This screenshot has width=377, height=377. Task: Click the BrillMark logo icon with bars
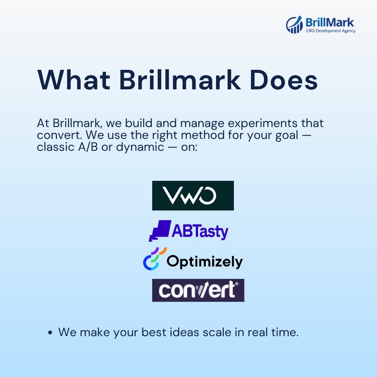(294, 24)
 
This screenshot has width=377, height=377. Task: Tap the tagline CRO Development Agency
(331, 31)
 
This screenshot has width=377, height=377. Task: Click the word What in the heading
(74, 80)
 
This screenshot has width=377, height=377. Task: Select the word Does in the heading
(284, 80)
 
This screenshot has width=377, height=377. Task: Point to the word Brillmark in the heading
(180, 80)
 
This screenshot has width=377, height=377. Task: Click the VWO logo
(193, 195)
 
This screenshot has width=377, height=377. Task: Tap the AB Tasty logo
(188, 231)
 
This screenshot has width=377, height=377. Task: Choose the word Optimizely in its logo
(205, 261)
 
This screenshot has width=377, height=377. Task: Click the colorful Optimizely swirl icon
(154, 259)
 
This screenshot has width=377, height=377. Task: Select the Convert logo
(198, 290)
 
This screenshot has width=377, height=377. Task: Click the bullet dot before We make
(50, 333)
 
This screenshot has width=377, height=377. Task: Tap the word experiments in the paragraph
(263, 124)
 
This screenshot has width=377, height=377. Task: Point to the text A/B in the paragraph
(88, 147)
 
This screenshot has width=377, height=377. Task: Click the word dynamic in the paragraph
(140, 147)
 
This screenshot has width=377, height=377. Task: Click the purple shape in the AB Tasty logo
(160, 230)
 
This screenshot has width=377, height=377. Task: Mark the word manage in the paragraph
(202, 124)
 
